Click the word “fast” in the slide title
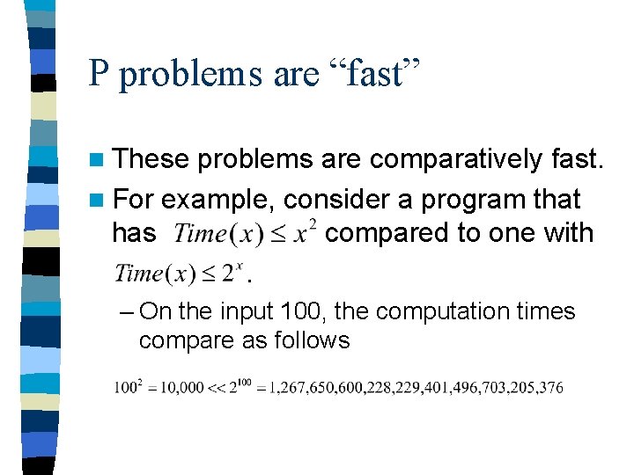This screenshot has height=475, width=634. pos(371,73)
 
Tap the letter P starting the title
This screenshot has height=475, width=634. pos(98,73)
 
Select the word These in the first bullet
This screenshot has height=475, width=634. pos(151,159)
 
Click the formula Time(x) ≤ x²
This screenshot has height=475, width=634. pos(246,234)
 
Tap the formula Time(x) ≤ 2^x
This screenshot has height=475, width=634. pos(177,273)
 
